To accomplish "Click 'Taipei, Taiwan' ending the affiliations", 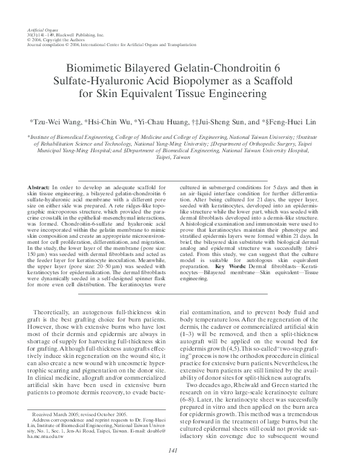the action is (x=179, y=157).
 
